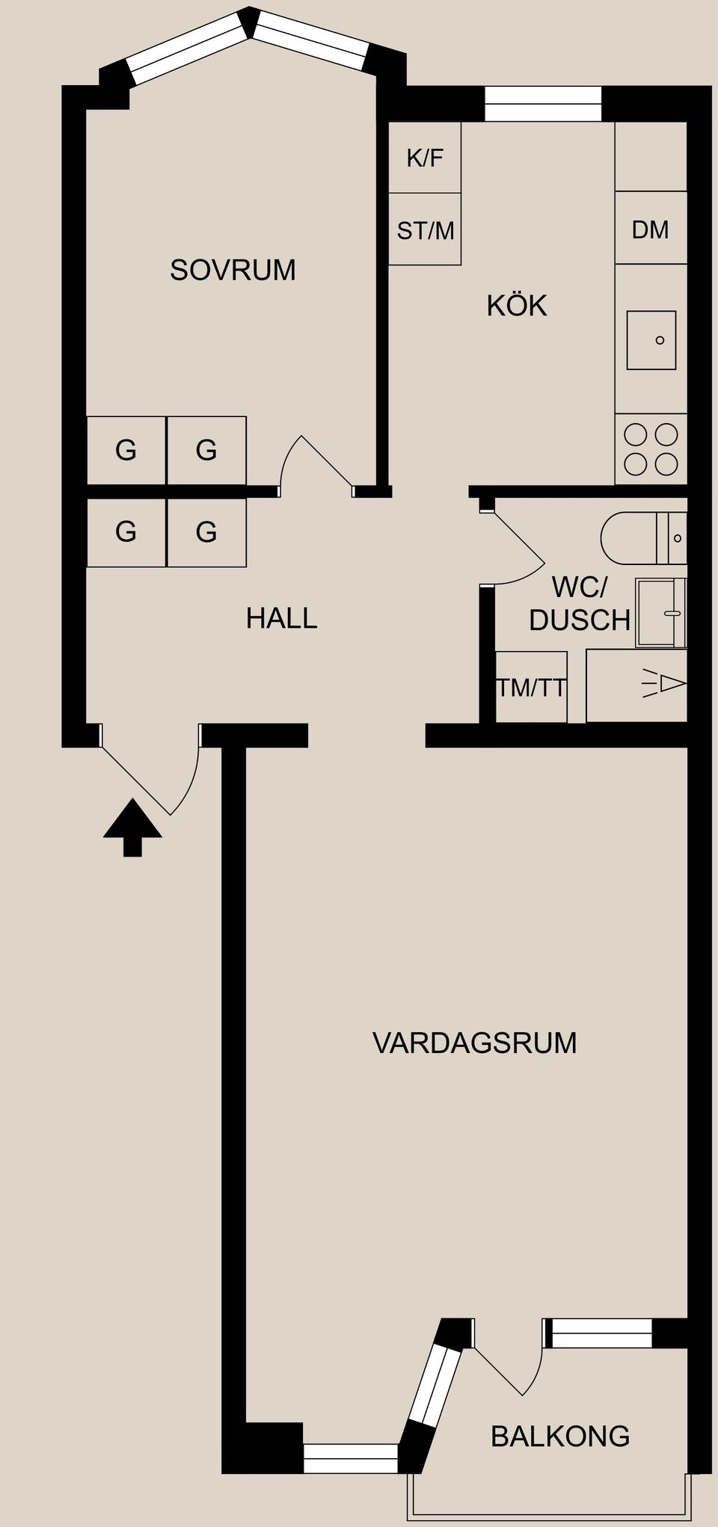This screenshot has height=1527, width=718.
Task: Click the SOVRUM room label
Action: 233,270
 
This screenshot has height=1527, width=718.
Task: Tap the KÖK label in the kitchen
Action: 517,306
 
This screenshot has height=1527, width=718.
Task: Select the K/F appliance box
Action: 425,158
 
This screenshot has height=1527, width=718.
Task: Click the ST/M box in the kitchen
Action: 425,230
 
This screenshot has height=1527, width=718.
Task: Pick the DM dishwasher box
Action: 650,229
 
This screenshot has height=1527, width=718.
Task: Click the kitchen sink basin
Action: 651,340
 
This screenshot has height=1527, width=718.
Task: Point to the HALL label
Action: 281,618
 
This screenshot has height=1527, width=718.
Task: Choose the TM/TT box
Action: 531,687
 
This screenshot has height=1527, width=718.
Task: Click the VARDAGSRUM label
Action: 474,1043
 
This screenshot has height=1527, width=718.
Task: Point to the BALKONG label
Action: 560,1436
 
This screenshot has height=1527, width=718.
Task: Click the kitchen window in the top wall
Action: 543,104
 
